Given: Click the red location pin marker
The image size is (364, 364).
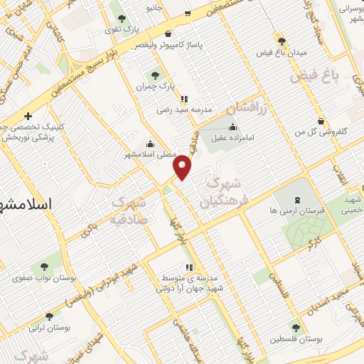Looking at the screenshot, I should pos(183,166).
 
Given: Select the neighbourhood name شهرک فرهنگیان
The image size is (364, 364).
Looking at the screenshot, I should pos(223,192).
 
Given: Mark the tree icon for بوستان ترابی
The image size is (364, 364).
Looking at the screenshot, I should pos(49,317).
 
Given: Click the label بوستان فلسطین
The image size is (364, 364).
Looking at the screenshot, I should pos(296,339).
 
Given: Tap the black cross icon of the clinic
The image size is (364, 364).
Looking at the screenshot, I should pos(28,116).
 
